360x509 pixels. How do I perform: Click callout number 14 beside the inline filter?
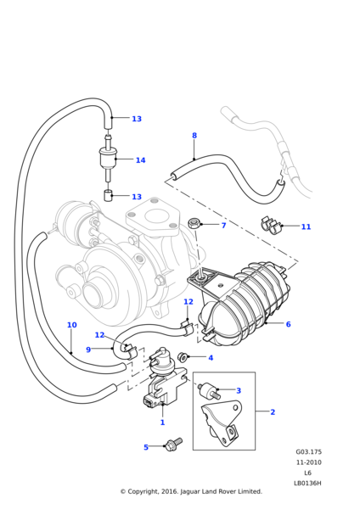click(x=140, y=160)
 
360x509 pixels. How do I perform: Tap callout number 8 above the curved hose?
click(x=194, y=136)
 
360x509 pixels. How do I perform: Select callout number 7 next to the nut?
click(x=223, y=226)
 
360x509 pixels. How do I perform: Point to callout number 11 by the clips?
click(x=306, y=227)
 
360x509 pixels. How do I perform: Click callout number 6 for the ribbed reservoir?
click(x=288, y=324)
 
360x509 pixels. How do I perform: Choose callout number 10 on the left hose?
click(x=72, y=325)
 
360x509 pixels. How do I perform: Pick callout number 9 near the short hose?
click(x=88, y=350)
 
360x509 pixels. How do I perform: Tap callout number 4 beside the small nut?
click(x=211, y=358)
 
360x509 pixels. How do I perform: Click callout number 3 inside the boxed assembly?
click(x=239, y=390)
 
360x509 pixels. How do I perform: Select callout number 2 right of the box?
click(x=273, y=412)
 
